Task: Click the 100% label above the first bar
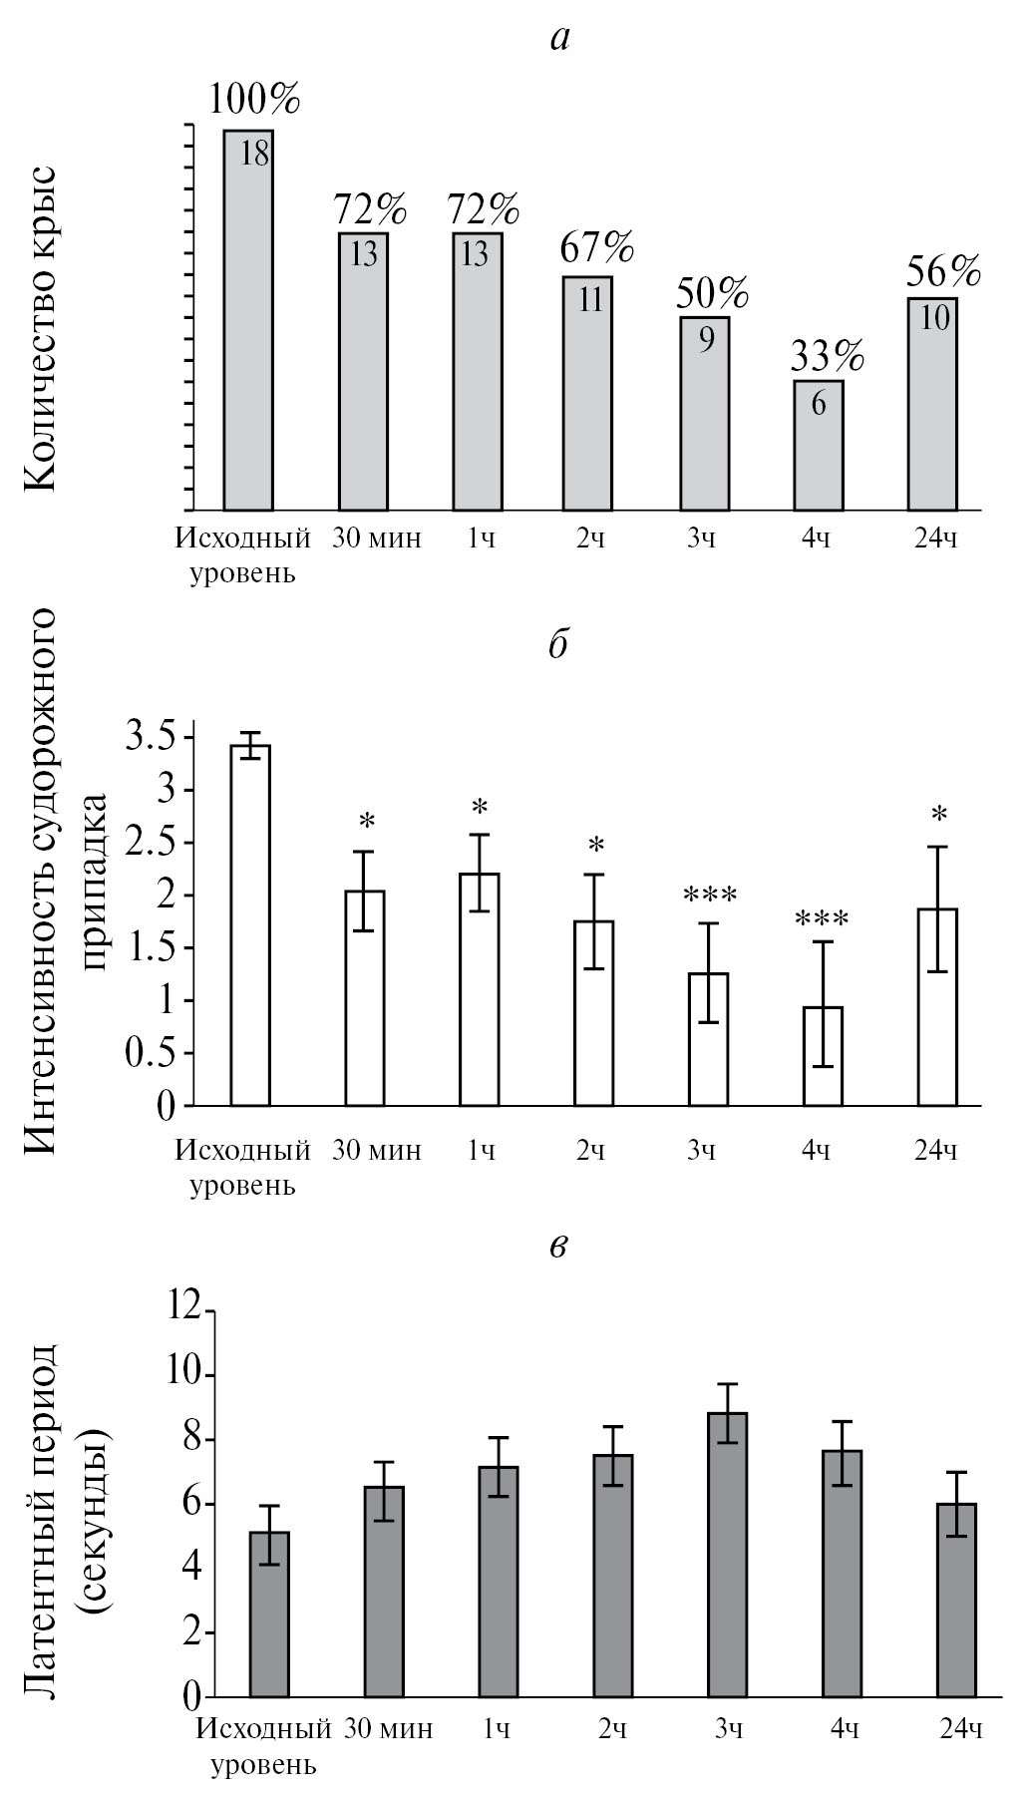tap(254, 100)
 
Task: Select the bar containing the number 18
tap(248, 319)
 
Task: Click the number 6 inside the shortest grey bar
tap(819, 405)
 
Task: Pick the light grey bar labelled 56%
tap(932, 404)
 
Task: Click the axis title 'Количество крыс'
tap(40, 329)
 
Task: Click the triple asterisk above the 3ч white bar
tap(710, 896)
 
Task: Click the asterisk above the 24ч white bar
tap(938, 815)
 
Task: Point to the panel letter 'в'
tap(558, 1248)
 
